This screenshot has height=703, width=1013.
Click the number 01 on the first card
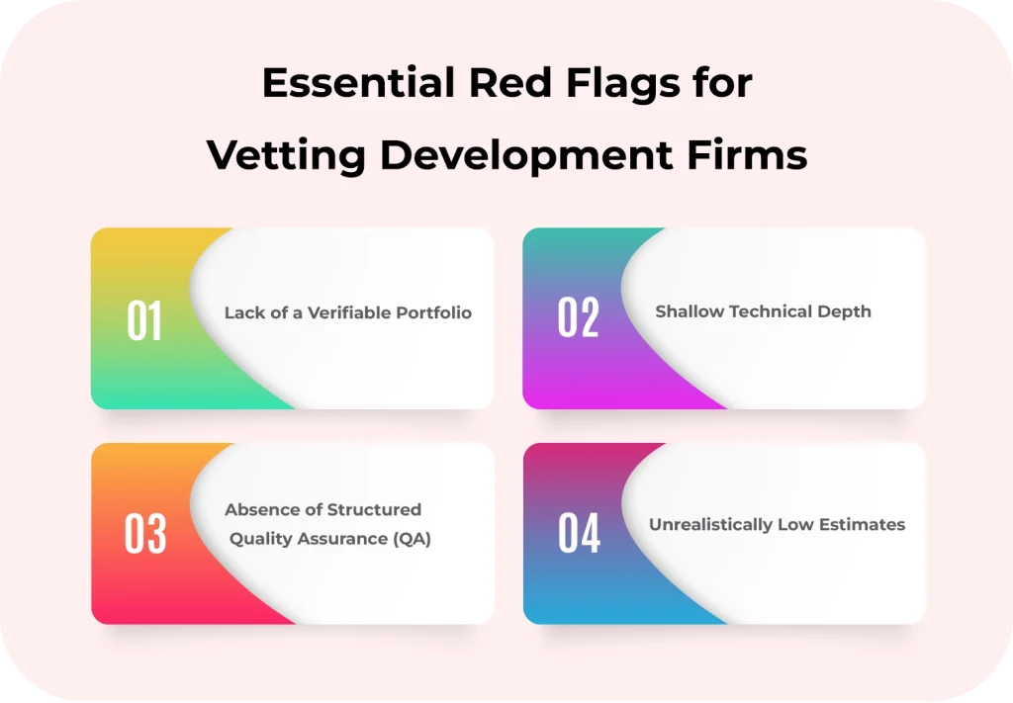coord(144,321)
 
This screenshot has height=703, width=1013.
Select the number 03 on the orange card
coord(144,534)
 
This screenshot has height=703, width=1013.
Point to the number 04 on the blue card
coord(579,534)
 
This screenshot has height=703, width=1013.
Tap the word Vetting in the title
coord(287,155)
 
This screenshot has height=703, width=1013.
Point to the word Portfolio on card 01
coord(433,312)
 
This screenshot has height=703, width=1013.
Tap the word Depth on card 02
coord(845,311)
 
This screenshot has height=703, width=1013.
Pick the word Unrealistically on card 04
coord(710,525)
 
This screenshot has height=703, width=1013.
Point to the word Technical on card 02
coord(771,311)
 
